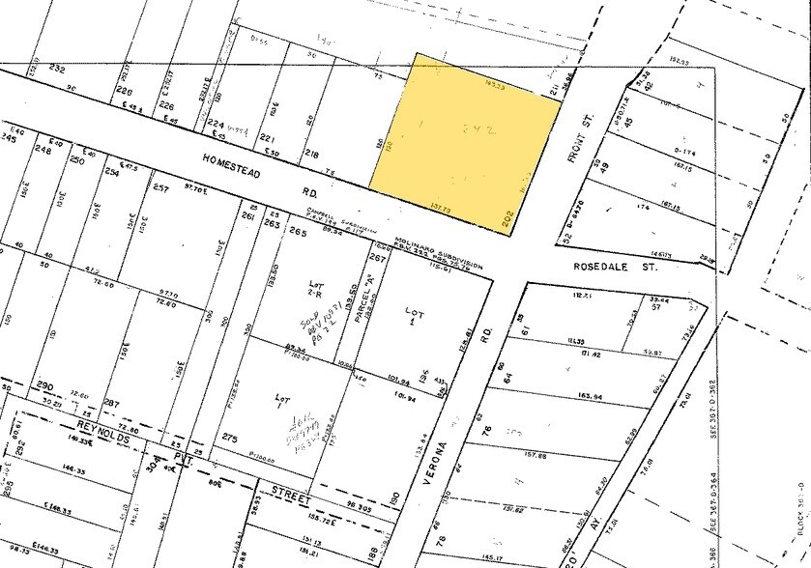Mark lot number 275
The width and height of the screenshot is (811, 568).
(x=228, y=439)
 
